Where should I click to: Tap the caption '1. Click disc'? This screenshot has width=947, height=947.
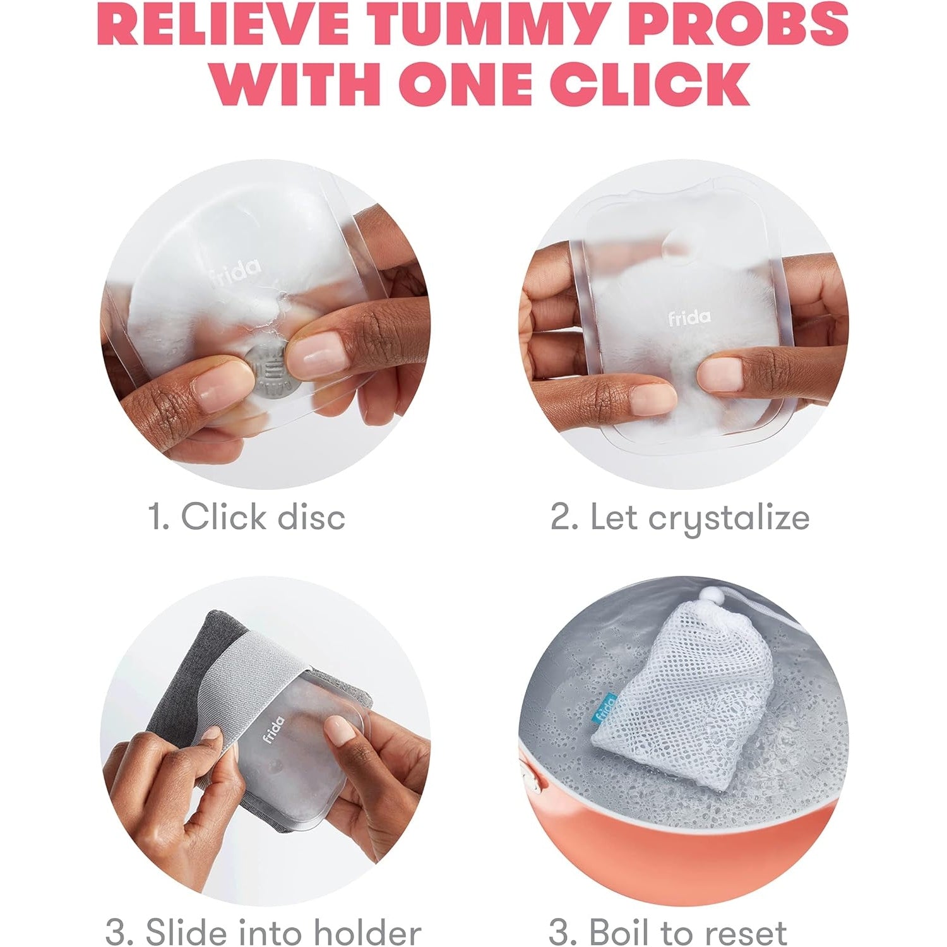(247, 517)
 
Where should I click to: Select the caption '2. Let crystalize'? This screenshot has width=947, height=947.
(680, 518)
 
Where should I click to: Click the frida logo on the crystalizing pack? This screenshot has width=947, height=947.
(689, 317)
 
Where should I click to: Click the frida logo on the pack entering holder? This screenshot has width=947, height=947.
(273, 729)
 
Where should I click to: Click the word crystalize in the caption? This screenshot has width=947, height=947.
(729, 520)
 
